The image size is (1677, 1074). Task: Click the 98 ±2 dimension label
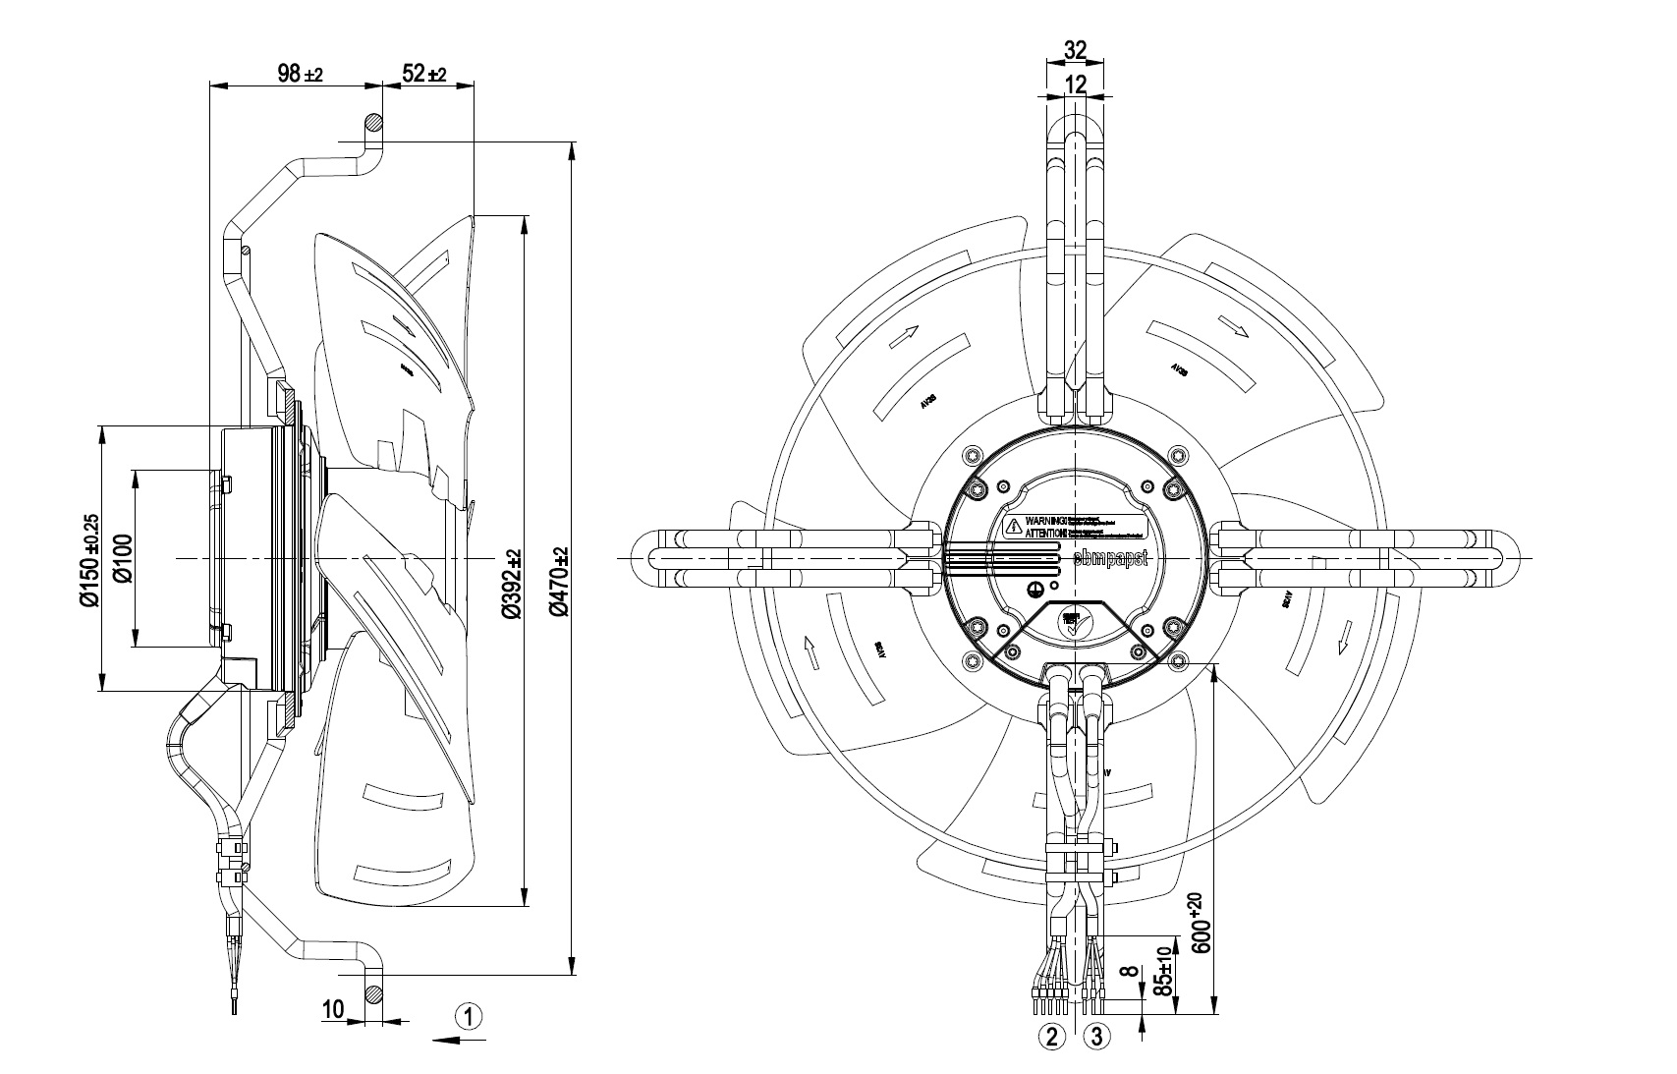point(300,74)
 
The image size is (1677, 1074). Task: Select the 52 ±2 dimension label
point(424,74)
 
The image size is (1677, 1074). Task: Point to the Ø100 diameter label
point(122,558)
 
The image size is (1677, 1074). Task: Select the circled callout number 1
point(470,1015)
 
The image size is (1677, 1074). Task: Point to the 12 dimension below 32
point(1076,85)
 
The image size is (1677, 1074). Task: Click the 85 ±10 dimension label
point(1163,972)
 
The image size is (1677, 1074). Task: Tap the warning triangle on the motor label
point(1013,527)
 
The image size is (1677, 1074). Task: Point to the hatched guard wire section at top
point(374,124)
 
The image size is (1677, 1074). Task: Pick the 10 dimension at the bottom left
point(333,1008)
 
